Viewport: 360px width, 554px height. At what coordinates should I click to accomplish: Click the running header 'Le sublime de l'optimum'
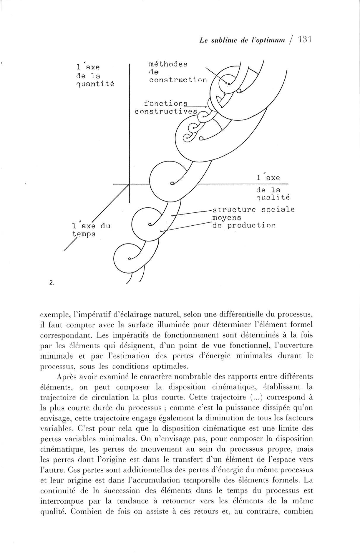click(x=242, y=41)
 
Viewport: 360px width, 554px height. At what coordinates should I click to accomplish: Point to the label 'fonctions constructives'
click(x=166, y=107)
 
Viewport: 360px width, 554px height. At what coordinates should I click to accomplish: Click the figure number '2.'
click(x=52, y=283)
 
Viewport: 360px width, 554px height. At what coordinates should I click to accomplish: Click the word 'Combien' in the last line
click(x=87, y=511)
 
